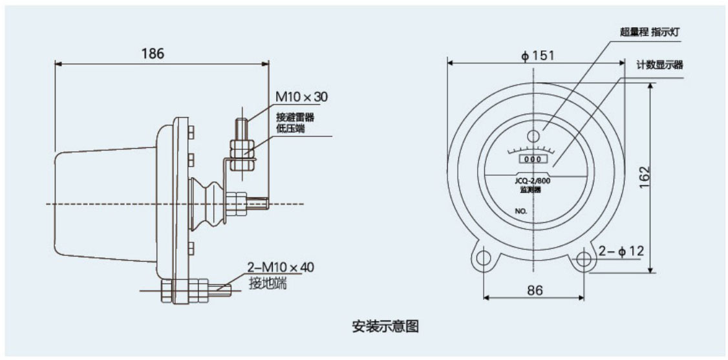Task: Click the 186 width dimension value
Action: click(153, 53)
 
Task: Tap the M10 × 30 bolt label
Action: click(302, 97)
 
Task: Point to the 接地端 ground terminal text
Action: click(268, 282)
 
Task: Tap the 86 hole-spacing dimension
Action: click(534, 290)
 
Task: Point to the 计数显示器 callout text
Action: click(659, 65)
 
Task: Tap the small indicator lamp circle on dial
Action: click(533, 136)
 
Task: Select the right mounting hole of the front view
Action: click(584, 258)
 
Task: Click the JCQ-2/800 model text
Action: click(534, 182)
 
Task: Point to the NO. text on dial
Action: click(522, 211)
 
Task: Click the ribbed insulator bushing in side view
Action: click(208, 198)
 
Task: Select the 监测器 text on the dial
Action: click(534, 191)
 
